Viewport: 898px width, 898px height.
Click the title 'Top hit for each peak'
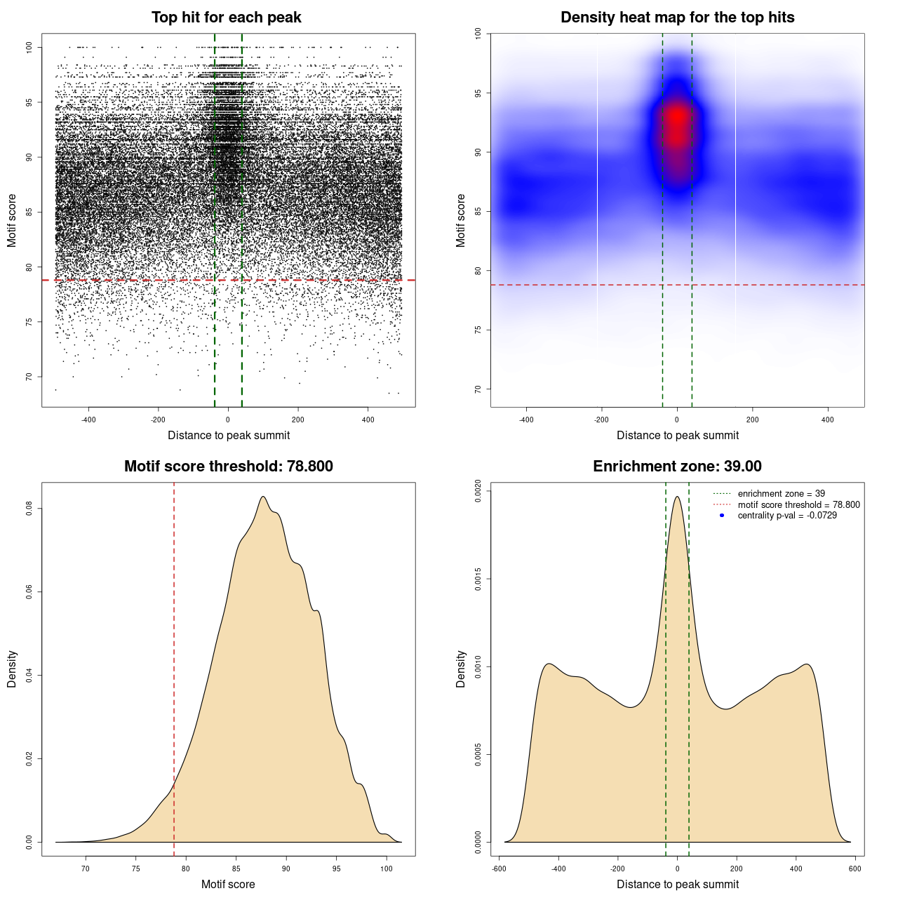227,18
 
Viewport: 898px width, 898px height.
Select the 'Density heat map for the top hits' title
677,18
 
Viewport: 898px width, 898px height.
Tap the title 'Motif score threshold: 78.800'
228,467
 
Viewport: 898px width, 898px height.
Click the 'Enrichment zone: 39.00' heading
677,467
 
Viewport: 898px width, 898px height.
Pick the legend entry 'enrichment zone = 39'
781,494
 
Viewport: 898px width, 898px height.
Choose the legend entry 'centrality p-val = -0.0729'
787,516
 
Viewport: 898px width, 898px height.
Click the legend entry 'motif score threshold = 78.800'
798,504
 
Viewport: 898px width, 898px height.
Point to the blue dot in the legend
722,516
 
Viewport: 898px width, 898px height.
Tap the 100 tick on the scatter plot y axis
29,47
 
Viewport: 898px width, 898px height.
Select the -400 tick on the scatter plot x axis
88,420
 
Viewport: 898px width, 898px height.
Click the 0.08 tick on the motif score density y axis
29,508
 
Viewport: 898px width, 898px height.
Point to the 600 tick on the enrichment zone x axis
855,869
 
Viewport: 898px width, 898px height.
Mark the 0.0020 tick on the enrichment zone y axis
478,491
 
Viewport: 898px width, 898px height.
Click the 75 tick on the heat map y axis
478,330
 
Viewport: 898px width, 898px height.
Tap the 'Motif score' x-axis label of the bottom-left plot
228,884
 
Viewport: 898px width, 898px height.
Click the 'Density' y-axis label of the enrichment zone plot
461,669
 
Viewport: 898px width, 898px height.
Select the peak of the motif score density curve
263,497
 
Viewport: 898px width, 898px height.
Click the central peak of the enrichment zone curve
677,497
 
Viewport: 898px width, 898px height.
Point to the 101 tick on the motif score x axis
387,869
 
